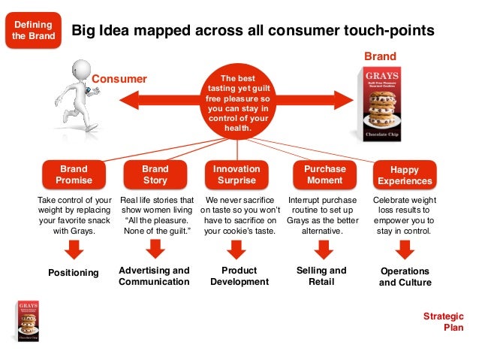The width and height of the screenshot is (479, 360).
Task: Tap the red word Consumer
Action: (119, 79)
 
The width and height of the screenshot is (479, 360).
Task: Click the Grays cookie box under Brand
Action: (382, 103)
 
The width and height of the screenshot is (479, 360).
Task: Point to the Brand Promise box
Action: (74, 175)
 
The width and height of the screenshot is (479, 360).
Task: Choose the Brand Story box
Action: (155, 175)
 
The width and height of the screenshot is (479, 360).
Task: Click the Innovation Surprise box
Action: (236, 175)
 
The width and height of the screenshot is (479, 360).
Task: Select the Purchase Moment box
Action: (324, 175)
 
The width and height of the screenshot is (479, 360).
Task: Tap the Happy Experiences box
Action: (405, 175)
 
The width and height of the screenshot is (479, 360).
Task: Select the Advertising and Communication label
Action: (155, 276)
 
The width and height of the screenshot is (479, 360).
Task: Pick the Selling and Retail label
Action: (321, 276)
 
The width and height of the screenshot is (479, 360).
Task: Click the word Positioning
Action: (74, 273)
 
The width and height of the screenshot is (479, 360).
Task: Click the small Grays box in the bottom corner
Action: (28, 322)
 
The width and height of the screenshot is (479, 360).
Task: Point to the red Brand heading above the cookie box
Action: (380, 56)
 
